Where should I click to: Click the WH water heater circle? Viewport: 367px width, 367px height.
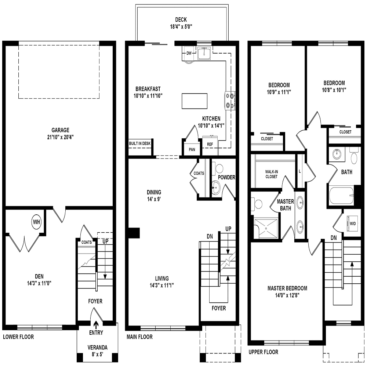point(36,222)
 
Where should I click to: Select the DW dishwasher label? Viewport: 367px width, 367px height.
point(189,53)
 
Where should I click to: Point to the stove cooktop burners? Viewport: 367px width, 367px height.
point(230,101)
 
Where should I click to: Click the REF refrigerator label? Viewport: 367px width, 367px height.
point(210,144)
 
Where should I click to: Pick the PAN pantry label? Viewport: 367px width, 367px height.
point(192,149)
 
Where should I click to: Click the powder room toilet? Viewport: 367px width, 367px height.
point(219,169)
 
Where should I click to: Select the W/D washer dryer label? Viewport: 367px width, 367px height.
point(352,223)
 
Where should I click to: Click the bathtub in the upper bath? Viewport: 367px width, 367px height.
point(341,195)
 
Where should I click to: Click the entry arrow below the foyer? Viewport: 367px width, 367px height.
point(96,324)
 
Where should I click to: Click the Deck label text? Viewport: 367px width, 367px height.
point(181,20)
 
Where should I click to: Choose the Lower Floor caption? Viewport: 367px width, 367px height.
point(18,337)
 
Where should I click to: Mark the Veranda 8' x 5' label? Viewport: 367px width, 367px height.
point(97,350)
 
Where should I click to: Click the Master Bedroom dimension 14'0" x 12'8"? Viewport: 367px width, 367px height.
point(287,295)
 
